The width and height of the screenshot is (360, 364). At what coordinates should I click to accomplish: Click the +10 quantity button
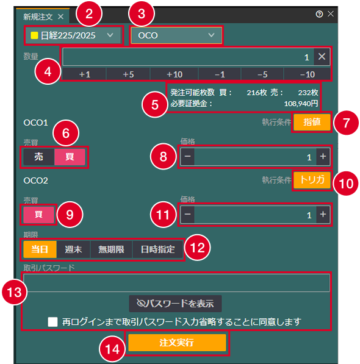[x=174, y=74]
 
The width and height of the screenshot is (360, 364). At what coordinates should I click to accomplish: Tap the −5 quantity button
[x=262, y=74]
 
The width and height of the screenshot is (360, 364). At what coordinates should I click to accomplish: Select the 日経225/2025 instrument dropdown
[x=73, y=35]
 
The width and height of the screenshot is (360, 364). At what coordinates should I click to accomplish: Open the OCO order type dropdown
[x=176, y=35]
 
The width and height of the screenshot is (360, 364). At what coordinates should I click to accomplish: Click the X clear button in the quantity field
[x=322, y=57]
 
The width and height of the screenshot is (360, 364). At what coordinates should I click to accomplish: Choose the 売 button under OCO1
[x=39, y=157]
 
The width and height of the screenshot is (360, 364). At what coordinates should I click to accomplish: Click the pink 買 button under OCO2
[x=38, y=214]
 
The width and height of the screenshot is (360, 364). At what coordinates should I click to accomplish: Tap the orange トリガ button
[x=312, y=180]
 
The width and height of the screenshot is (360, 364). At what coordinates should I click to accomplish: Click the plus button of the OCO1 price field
[x=323, y=157]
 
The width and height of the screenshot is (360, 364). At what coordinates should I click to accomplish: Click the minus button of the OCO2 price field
[x=188, y=214]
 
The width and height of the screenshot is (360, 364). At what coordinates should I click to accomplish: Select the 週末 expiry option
[x=73, y=249]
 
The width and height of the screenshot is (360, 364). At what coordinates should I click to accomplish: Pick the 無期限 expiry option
[x=111, y=249]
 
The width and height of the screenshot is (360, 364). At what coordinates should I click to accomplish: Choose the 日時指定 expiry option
[x=157, y=249]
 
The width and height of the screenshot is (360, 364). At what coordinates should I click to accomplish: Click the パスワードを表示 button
[x=175, y=304]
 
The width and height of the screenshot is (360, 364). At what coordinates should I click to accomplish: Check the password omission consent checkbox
[x=52, y=322]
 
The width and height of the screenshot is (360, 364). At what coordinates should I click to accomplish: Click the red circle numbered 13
[x=15, y=292]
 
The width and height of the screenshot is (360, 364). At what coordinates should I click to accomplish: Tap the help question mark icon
[x=319, y=14]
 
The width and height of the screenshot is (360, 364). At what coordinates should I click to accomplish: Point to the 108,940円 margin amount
[x=301, y=104]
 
